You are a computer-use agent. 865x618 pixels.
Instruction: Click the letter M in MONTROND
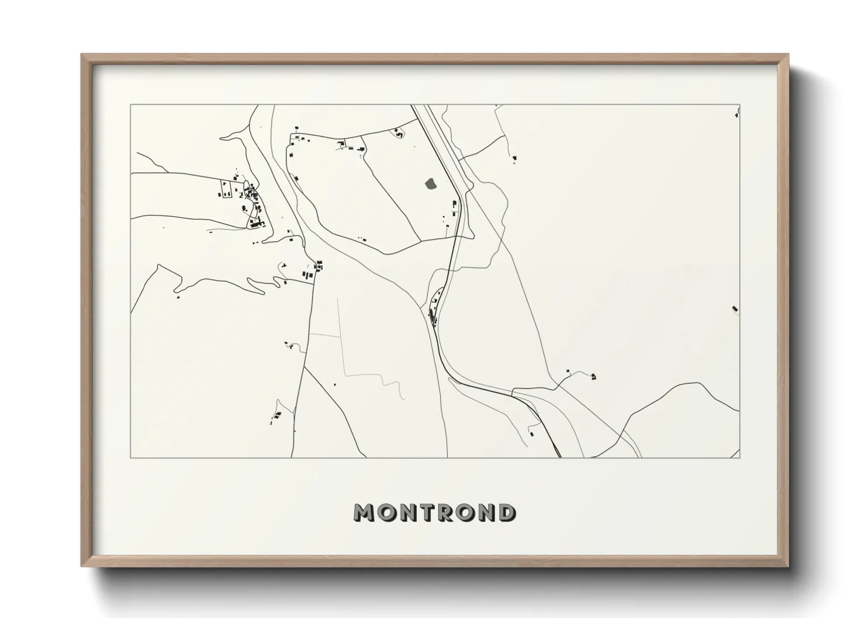(x=364, y=512)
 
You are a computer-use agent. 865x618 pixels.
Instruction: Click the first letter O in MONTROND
(x=385, y=512)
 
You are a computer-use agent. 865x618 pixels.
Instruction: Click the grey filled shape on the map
(x=431, y=183)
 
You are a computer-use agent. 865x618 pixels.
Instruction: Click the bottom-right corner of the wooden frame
(x=788, y=565)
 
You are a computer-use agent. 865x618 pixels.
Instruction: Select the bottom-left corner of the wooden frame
(x=82, y=565)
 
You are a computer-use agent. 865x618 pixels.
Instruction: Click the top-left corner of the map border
(x=131, y=105)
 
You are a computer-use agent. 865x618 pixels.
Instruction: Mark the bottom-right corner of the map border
(x=739, y=457)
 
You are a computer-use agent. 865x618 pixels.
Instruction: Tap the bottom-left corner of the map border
(x=131, y=457)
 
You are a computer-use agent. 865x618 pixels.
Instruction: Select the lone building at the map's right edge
(x=735, y=308)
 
